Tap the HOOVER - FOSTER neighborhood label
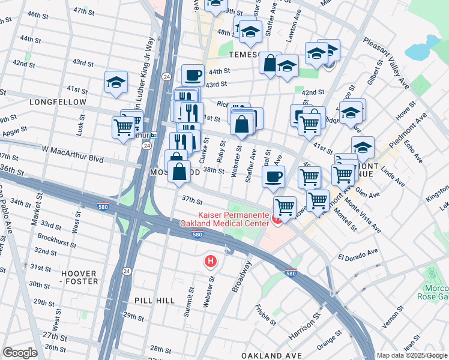[79, 277]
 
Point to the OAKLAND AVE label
[276, 356]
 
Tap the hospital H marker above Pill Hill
[210, 262]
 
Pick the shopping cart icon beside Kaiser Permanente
[285, 206]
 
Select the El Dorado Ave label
[357, 253]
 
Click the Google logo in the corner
[20, 353]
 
